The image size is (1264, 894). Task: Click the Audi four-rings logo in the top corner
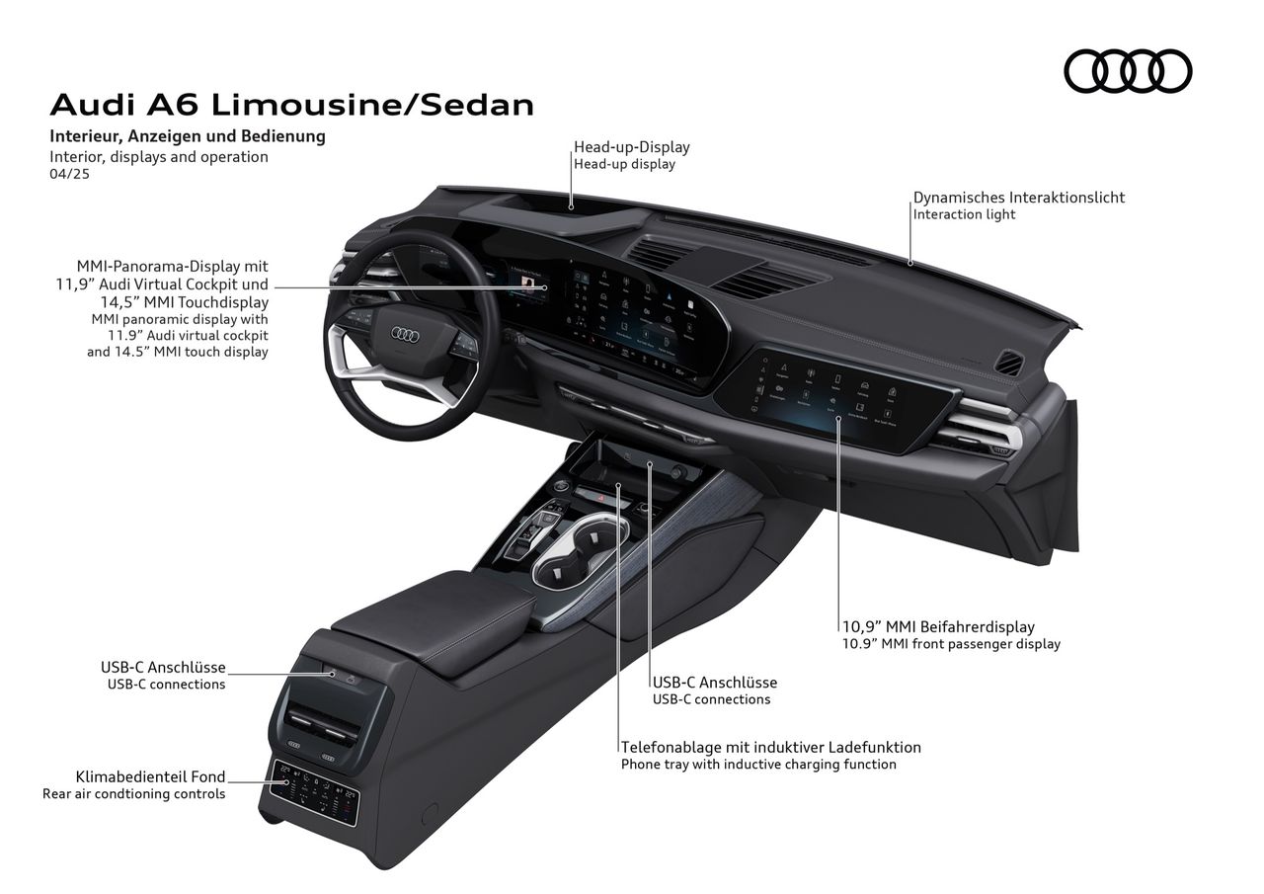click(1128, 71)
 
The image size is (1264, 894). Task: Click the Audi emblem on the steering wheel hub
click(406, 335)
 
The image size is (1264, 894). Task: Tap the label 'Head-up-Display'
click(632, 147)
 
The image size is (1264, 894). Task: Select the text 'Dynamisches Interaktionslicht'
click(1018, 198)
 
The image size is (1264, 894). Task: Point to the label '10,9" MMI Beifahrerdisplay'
click(937, 626)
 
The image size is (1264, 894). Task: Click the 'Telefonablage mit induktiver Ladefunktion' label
click(770, 747)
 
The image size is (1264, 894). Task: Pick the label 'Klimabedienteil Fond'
click(150, 776)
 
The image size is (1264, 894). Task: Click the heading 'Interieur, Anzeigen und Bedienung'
click(188, 136)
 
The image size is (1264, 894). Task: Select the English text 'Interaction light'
click(964, 214)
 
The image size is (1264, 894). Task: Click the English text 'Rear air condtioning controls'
click(133, 794)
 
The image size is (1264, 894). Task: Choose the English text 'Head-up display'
click(624, 165)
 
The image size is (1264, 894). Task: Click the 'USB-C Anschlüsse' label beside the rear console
click(163, 667)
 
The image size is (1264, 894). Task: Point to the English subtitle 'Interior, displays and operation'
click(159, 156)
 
